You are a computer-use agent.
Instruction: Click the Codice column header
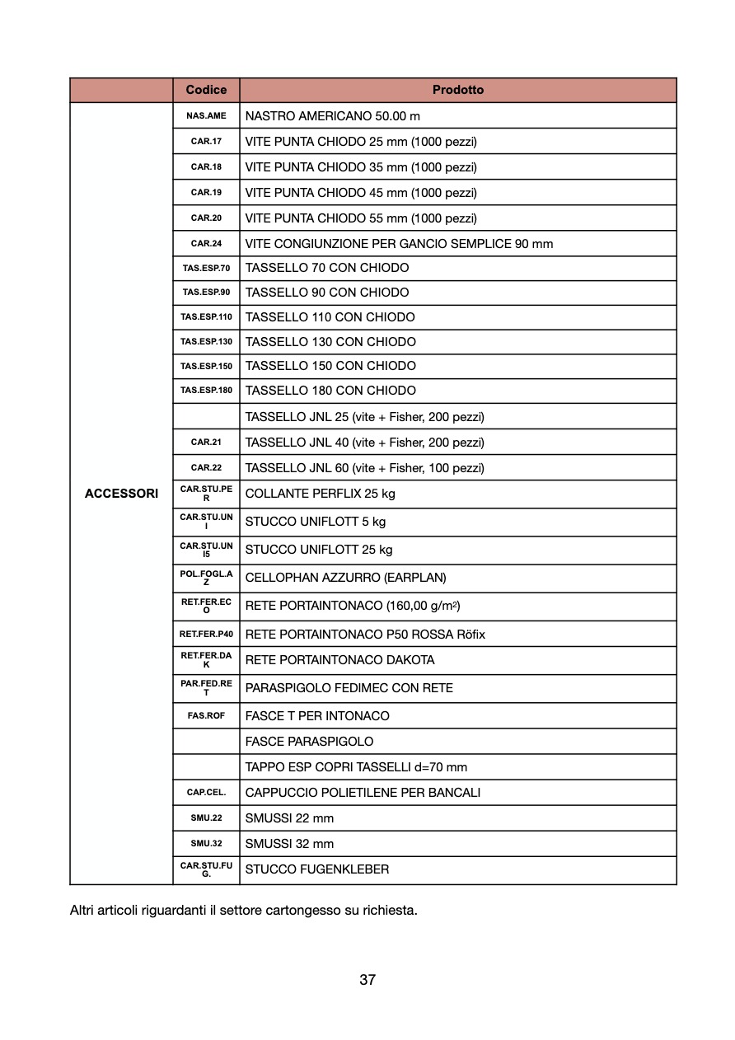(206, 90)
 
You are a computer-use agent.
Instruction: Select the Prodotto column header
(458, 90)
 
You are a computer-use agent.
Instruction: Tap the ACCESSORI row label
(121, 494)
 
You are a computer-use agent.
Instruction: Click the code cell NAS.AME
(206, 116)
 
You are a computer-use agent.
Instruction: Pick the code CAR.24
(206, 244)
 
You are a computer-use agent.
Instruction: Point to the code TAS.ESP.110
(206, 317)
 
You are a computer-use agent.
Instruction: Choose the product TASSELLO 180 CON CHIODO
(330, 391)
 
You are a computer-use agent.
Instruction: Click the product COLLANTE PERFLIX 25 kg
(320, 494)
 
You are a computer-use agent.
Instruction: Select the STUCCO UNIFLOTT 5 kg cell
(316, 522)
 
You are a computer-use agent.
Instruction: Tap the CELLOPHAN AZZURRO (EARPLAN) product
(345, 578)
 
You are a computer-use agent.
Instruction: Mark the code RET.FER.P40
(206, 635)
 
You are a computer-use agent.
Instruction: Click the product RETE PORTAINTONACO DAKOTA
(339, 660)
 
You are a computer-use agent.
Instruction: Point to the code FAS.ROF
(206, 716)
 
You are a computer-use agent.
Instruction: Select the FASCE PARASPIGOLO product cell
(309, 742)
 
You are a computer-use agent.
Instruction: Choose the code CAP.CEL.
(206, 793)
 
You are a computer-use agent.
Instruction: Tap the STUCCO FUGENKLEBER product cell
(317, 869)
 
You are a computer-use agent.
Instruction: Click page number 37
(367, 980)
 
